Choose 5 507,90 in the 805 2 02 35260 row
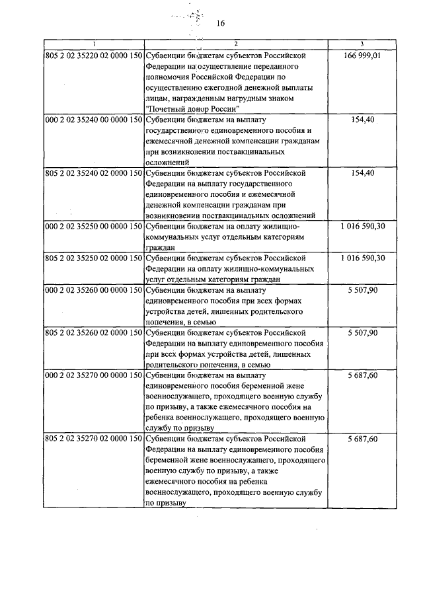click(x=362, y=332)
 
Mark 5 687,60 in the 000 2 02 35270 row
click(x=362, y=375)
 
